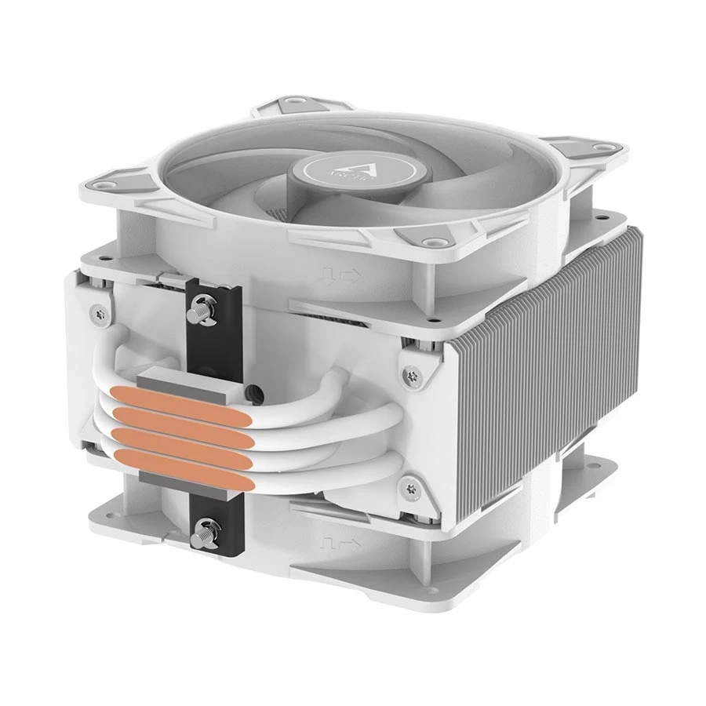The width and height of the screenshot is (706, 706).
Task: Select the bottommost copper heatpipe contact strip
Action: click(184, 463)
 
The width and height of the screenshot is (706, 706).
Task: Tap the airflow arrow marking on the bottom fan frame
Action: click(339, 542)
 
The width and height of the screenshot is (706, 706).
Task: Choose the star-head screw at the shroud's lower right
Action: click(408, 489)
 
